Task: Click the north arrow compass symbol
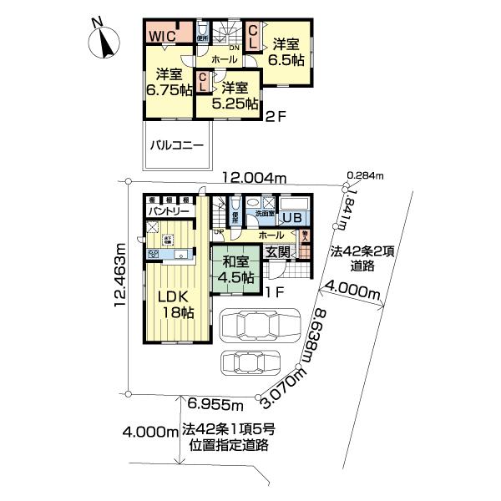click(103, 39)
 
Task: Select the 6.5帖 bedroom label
click(286, 52)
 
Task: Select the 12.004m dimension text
click(255, 178)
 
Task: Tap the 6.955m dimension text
click(215, 406)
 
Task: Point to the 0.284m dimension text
click(368, 176)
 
